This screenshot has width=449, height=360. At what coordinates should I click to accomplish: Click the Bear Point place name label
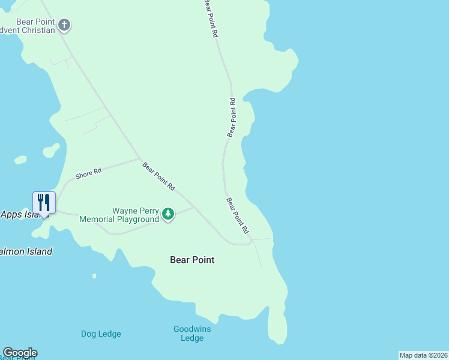(192, 260)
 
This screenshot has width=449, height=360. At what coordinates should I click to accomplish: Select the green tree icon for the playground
(169, 214)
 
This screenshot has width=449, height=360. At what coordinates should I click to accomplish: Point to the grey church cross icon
(64, 26)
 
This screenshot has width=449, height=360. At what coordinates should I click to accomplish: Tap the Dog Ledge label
(101, 334)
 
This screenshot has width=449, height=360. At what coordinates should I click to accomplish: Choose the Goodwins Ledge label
(192, 333)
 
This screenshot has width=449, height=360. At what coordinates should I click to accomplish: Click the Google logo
(20, 353)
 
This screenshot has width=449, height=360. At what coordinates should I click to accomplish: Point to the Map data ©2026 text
(423, 355)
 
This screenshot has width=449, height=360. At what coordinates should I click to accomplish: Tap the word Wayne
(125, 211)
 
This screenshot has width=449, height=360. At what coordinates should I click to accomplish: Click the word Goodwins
(192, 329)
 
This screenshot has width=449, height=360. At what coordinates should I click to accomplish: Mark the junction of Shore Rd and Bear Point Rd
(140, 159)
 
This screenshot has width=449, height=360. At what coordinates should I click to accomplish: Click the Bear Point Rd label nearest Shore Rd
(158, 176)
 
